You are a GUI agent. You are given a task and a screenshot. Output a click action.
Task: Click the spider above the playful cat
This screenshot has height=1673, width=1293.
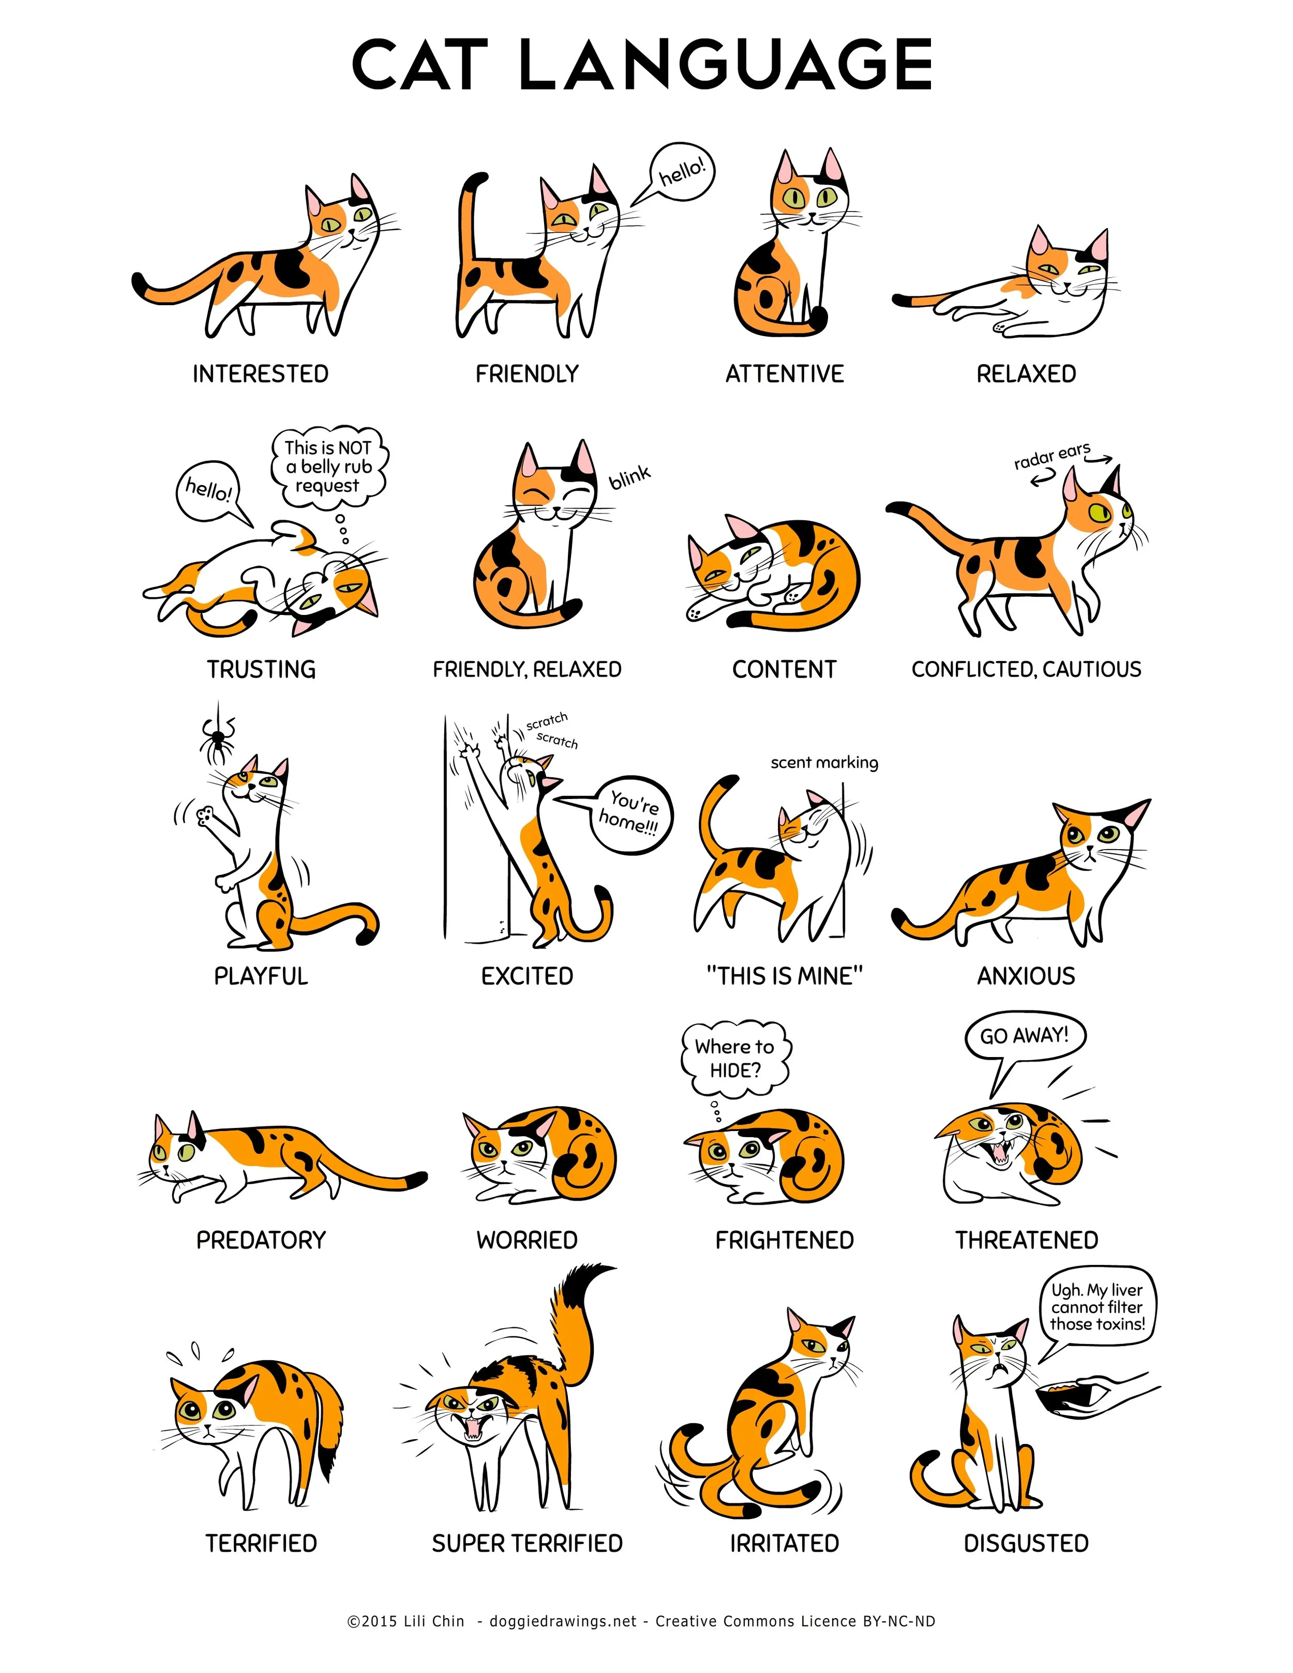point(218,738)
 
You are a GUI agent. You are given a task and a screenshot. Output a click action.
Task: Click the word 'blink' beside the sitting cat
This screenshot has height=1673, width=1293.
point(629,477)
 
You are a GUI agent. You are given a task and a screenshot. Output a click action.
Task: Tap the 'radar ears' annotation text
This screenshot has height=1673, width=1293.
point(1051,457)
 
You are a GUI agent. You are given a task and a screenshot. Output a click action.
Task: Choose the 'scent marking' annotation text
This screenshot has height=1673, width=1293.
point(824,762)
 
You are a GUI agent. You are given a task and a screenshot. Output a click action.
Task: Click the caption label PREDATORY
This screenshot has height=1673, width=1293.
point(261,1240)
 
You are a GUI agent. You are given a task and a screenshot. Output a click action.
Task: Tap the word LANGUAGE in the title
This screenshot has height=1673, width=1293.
point(726,65)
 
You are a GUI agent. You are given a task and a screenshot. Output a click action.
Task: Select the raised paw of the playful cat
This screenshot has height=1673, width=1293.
point(206,815)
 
